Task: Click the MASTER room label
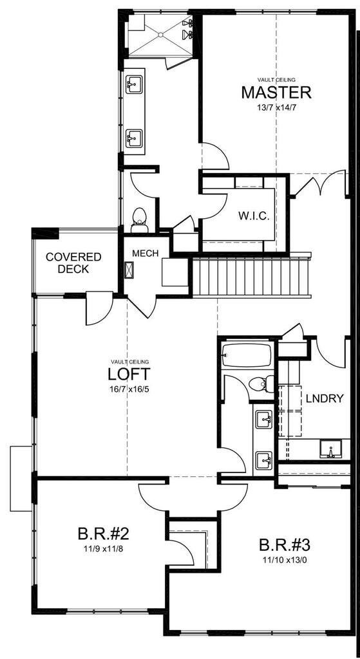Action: point(276,92)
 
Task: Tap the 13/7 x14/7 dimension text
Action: point(276,107)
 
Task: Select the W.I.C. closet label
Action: point(252,215)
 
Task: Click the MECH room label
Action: point(146,253)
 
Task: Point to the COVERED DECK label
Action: point(73,263)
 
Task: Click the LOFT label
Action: point(129,374)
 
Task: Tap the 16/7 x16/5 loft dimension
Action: point(129,389)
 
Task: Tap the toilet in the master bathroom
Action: point(140,219)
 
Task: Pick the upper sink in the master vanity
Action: point(134,84)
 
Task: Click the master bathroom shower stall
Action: point(160,35)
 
